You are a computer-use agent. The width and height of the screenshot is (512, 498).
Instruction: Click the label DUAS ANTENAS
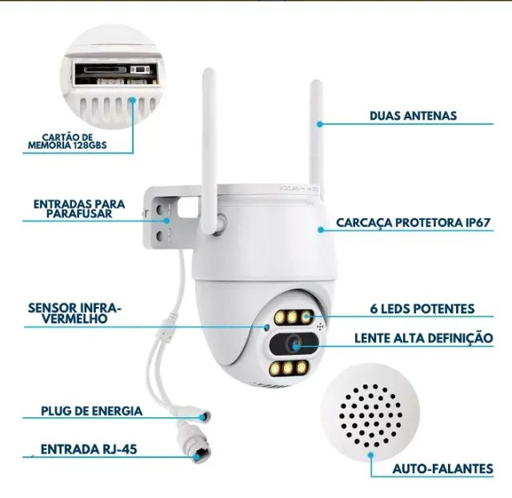pyautogui.click(x=413, y=116)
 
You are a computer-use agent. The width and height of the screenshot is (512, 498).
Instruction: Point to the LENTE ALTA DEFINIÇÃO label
pyautogui.click(x=423, y=338)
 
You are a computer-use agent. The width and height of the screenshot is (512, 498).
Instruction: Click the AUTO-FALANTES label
pyautogui.click(x=442, y=469)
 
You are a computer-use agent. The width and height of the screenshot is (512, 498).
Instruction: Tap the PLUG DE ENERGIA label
pyautogui.click(x=92, y=411)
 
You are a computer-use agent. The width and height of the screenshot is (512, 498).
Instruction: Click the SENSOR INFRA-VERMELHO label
pyautogui.click(x=74, y=313)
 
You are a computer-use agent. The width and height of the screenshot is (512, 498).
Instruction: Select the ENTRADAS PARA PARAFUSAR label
pyautogui.click(x=78, y=209)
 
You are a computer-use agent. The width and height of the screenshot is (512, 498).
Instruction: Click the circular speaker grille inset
pyautogui.click(x=371, y=411)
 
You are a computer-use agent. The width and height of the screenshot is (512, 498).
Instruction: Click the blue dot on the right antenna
pyautogui.click(x=319, y=124)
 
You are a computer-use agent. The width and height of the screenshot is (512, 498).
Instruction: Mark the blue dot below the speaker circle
pyautogui.click(x=370, y=458)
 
